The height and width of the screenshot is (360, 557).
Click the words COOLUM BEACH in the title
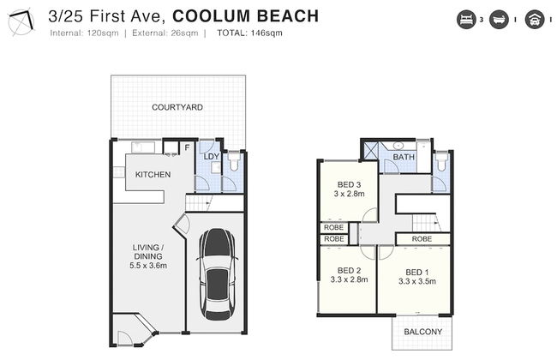click(252, 15)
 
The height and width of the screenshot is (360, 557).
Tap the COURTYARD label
click(177, 108)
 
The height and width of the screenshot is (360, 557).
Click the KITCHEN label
click(153, 175)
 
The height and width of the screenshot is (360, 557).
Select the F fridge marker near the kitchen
click(187, 148)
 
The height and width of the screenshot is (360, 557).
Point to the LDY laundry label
click(211, 156)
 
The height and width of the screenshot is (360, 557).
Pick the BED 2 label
click(348, 270)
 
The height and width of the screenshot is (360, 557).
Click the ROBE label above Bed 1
click(421, 238)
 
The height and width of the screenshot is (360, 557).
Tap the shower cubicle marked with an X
click(370, 151)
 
